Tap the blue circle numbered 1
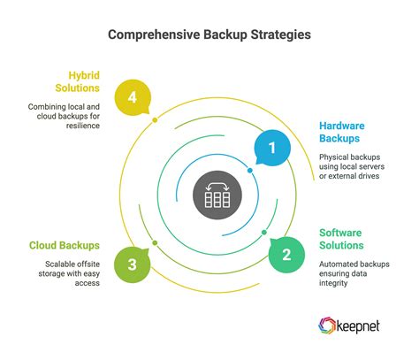click(272, 149)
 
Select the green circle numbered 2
click(286, 256)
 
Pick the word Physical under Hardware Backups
click(336, 157)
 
